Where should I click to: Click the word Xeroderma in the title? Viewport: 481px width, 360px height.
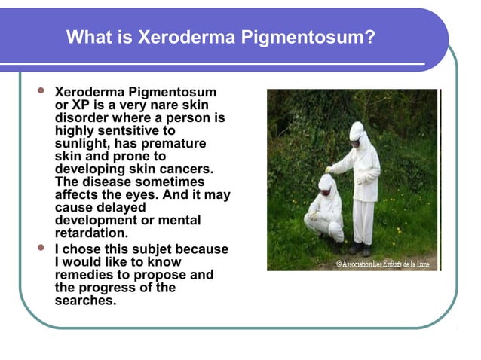[175, 37]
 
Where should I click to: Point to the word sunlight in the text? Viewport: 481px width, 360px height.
[82, 143]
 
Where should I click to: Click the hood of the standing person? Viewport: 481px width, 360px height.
[357, 131]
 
